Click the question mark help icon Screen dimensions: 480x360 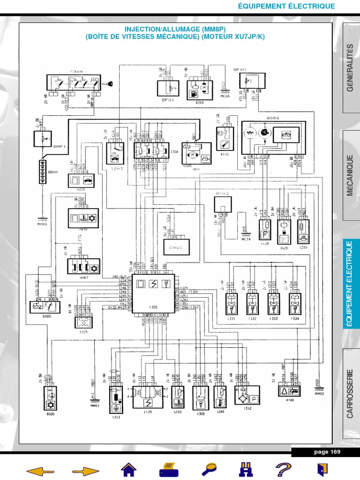pyautogui.click(x=283, y=469)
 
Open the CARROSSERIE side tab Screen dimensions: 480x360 pyautogui.click(x=351, y=393)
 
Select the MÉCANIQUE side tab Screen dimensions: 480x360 pyautogui.click(x=351, y=178)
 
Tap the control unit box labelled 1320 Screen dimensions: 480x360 pyautogui.click(x=153, y=293)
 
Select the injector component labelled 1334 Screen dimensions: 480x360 pyautogui.click(x=295, y=304)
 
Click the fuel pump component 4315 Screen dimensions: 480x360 pyautogui.click(x=197, y=88)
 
